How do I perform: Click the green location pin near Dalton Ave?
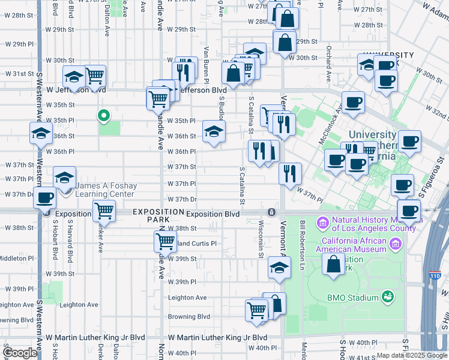(103, 115)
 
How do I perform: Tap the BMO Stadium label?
(353, 298)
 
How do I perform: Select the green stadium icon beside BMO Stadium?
(388, 296)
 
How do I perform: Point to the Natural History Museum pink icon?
(323, 224)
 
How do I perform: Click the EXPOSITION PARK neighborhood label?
(158, 216)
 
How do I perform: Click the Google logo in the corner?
(20, 352)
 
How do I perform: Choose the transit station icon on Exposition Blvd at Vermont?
(272, 212)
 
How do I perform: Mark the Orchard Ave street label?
(328, 64)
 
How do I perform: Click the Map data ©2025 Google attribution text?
(412, 355)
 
